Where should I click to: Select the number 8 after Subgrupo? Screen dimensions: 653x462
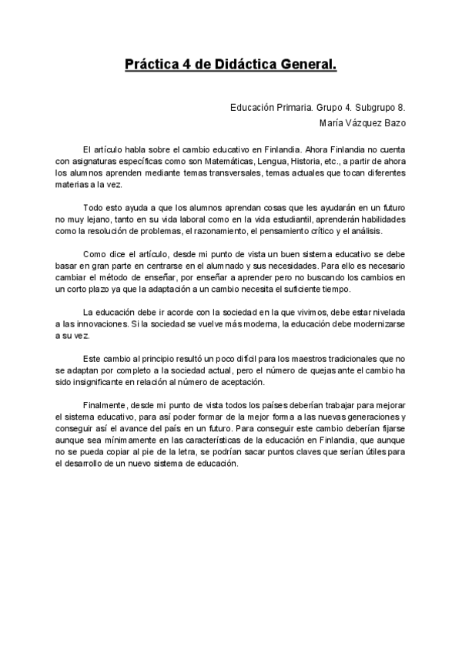(402, 107)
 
